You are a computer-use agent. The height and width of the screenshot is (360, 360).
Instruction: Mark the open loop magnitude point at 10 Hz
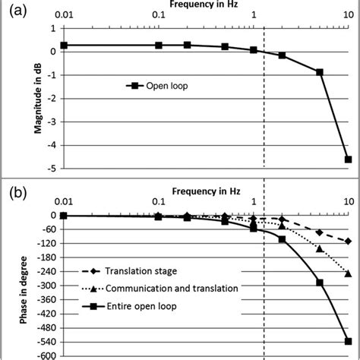(x=348, y=159)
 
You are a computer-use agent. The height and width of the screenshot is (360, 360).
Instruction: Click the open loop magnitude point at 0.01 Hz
(x=64, y=46)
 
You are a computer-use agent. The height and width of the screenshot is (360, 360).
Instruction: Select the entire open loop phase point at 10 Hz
(x=348, y=341)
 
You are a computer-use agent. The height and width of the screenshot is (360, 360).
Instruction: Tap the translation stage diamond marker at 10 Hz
(x=348, y=242)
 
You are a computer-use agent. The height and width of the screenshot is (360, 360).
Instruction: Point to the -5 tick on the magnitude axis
(x=52, y=169)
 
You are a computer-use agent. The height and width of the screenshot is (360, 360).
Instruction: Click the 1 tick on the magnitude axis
(x=54, y=28)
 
